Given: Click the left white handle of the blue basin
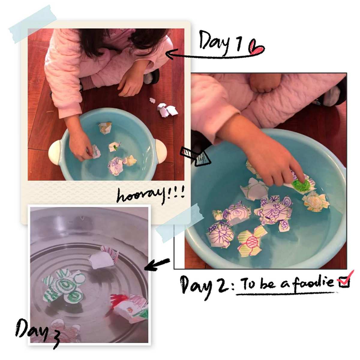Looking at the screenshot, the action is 54,152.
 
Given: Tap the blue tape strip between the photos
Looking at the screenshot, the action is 180,223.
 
